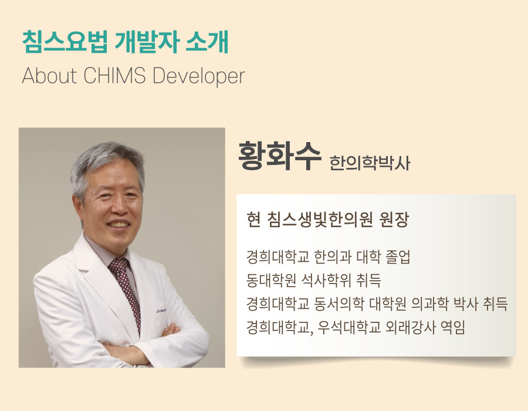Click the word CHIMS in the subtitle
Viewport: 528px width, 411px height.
pyautogui.click(x=114, y=76)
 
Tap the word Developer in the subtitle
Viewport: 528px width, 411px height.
pyautogui.click(x=199, y=77)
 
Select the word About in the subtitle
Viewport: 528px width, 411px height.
pyautogui.click(x=49, y=76)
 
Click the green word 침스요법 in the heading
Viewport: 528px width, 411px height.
pyautogui.click(x=65, y=42)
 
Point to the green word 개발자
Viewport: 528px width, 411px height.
pyautogui.click(x=146, y=42)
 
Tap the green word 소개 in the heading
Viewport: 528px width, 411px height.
pyautogui.click(x=207, y=42)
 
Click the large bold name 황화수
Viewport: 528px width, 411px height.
pyautogui.click(x=279, y=156)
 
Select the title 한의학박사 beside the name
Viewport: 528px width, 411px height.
pyautogui.click(x=370, y=163)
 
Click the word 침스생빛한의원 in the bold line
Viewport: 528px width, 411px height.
pyautogui.click(x=320, y=220)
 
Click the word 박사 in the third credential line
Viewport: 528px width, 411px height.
pyautogui.click(x=466, y=304)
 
